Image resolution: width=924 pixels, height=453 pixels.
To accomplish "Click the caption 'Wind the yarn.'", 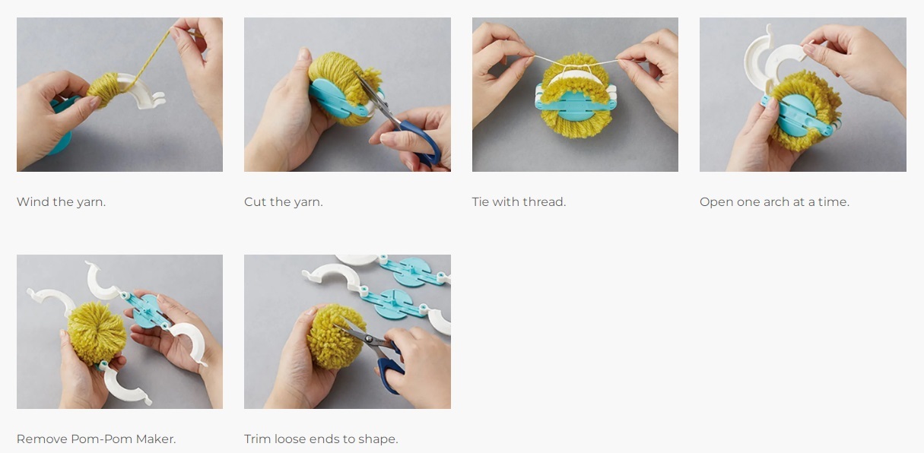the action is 61,202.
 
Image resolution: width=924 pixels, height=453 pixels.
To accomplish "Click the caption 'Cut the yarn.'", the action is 284,202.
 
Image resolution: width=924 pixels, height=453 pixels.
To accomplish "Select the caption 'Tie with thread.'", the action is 519,202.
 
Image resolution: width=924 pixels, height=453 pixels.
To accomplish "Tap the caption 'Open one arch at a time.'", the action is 774,202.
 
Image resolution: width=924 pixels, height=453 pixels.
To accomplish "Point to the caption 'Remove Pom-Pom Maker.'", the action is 96,439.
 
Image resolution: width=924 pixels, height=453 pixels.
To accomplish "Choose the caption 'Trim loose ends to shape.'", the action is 321,439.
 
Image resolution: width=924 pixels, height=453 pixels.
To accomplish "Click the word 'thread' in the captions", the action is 546,202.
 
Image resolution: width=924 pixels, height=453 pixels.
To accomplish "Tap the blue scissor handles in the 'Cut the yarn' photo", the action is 421,142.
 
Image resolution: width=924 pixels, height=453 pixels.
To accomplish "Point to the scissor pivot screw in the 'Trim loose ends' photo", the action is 369,340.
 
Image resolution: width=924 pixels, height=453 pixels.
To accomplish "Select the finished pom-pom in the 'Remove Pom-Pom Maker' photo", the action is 97,333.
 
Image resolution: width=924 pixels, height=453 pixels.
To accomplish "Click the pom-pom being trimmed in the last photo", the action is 336,337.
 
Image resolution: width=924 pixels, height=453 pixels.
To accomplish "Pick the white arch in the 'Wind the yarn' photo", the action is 140,91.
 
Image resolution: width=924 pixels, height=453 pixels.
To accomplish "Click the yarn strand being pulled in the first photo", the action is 148,59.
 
